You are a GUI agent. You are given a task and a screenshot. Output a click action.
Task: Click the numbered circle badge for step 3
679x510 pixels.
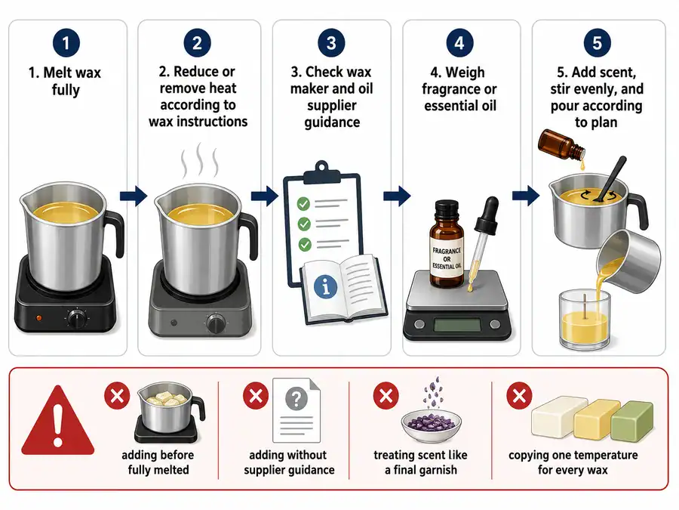(331, 43)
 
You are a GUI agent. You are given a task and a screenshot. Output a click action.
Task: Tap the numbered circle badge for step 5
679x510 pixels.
(598, 43)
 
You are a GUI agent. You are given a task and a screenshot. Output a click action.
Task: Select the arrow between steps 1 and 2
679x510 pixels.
(134, 196)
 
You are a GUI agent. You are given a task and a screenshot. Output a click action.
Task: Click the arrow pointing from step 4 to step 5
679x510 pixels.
(526, 196)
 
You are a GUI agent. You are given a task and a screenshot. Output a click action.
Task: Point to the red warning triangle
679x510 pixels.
(57, 421)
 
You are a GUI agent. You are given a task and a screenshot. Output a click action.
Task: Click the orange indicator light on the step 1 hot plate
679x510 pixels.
(39, 318)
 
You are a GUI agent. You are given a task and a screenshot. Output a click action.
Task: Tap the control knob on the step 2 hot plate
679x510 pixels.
(216, 323)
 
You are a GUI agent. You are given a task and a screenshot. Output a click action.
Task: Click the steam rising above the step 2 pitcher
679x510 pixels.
(200, 159)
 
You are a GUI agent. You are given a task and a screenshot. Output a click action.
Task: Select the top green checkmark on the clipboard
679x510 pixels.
(303, 203)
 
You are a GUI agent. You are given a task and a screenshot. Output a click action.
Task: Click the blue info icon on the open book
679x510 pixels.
(326, 287)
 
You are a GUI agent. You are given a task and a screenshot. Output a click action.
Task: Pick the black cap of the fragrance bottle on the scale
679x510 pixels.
(446, 209)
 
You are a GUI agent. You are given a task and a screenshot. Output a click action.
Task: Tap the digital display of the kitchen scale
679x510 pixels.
(457, 325)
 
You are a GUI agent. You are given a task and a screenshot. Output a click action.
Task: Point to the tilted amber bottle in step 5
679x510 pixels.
(561, 145)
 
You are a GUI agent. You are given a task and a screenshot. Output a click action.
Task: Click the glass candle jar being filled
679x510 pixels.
(584, 320)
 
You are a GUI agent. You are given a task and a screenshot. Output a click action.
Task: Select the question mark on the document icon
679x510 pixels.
(296, 397)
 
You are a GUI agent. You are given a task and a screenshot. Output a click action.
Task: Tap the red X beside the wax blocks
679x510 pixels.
(519, 395)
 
